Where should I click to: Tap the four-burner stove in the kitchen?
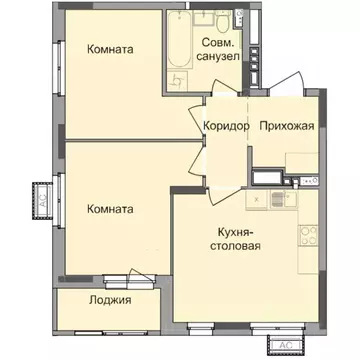tap(307, 237)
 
